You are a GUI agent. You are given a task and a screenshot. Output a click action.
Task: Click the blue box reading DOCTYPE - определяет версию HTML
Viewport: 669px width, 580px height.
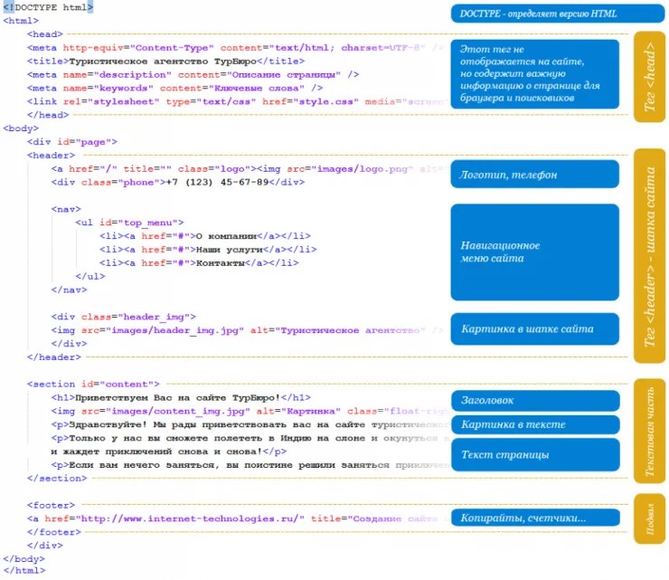coord(534,14)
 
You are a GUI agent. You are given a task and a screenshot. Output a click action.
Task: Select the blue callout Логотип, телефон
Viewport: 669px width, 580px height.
coord(534,174)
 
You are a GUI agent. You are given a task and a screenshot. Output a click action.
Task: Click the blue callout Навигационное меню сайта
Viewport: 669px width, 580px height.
coord(534,252)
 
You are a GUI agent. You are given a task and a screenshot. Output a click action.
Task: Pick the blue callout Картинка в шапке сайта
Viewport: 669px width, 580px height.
coord(534,328)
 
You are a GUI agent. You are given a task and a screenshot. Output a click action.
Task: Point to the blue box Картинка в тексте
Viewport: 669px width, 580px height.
coord(534,424)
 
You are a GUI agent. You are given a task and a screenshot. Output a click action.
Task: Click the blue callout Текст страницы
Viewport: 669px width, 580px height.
coord(534,454)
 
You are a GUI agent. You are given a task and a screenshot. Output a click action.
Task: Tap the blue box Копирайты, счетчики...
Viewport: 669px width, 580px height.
coord(534,518)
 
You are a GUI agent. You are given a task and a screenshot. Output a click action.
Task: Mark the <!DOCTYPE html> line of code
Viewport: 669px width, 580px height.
coord(47,7)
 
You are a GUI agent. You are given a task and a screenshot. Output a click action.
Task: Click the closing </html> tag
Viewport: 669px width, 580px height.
coord(24,571)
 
